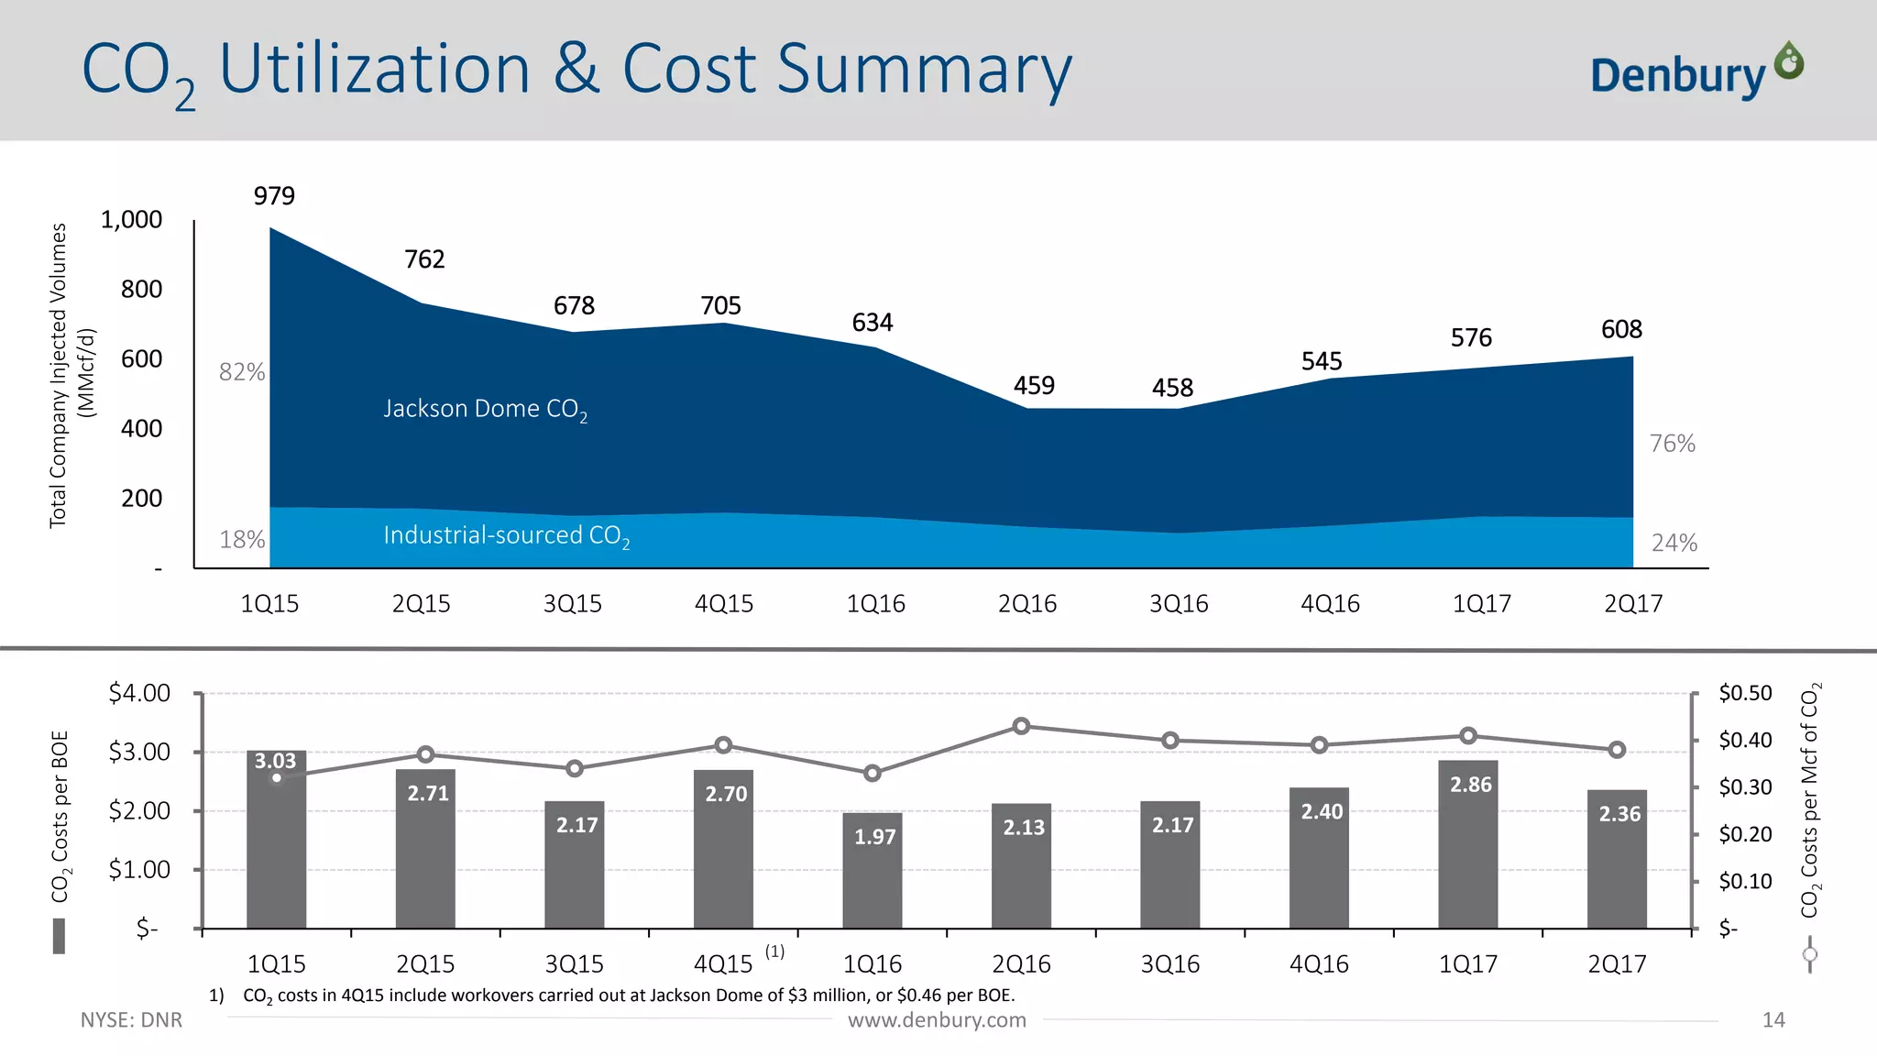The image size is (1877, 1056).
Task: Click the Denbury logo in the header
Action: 1696,71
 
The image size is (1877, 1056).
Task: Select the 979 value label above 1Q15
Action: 274,196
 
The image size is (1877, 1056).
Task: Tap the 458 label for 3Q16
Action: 1172,388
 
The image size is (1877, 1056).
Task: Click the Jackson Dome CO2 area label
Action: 485,409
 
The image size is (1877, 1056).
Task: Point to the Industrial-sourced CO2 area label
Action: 506,535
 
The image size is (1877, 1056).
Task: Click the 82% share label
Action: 242,372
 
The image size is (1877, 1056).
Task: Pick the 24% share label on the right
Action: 1674,544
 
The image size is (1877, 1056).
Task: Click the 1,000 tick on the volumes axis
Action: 131,220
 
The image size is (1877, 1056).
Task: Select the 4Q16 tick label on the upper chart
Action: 1330,604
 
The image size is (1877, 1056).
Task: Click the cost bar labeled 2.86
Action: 1467,843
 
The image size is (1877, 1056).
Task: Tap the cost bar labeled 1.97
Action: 873,870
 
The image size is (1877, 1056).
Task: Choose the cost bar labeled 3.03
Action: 276,839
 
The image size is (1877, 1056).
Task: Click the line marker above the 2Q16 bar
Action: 1022,727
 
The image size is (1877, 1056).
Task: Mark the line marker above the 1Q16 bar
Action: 873,774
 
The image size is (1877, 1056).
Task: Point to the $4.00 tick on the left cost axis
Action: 139,693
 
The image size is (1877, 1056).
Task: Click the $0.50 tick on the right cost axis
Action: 1745,693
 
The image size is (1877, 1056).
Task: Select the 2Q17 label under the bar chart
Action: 1617,964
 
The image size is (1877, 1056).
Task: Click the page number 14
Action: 1773,1020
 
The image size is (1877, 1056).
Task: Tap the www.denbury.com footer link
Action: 937,1020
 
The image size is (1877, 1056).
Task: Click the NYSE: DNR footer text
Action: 131,1020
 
